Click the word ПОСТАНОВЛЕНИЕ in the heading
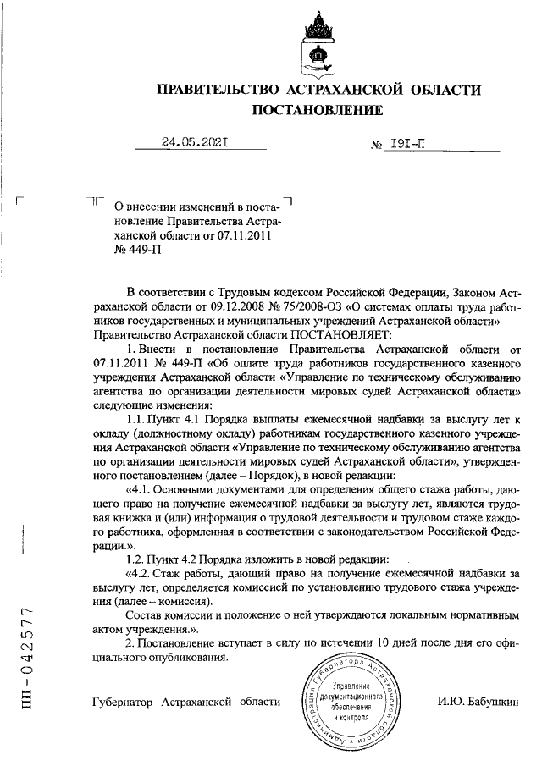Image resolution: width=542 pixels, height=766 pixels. (318, 109)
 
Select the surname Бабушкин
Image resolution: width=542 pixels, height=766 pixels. (501, 702)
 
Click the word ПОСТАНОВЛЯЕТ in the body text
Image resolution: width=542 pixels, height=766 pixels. (321, 335)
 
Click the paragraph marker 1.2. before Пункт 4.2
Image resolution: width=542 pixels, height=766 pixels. (138, 559)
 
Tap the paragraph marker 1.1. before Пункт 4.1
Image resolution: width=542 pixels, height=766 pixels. (139, 421)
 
